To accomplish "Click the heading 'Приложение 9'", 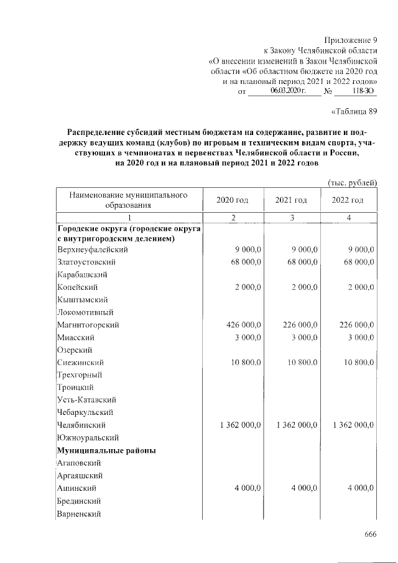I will pyautogui.click(x=351, y=40).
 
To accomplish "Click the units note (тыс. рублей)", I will pyautogui.click(x=352, y=182).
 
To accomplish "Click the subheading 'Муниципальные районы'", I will pyautogui.click(x=106, y=450).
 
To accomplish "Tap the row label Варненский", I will pyautogui.click(x=79, y=514).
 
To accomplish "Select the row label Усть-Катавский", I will pyautogui.click(x=86, y=399).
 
